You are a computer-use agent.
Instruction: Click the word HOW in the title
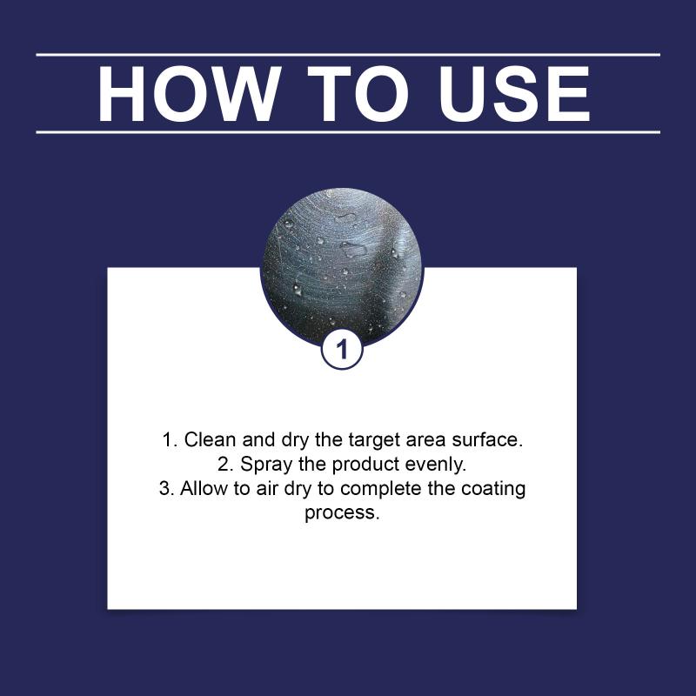[190, 94]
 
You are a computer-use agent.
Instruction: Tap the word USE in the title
[514, 94]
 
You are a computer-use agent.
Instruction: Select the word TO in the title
[358, 94]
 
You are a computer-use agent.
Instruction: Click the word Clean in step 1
[210, 439]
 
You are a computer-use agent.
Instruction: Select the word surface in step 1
[487, 439]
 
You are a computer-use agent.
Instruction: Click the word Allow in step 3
[204, 488]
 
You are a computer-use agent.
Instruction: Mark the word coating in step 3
[493, 490]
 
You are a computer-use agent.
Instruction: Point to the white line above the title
[348, 55]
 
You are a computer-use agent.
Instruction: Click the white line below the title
[348, 132]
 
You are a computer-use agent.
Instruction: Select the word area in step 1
[425, 440]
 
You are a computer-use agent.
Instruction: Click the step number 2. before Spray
[225, 465]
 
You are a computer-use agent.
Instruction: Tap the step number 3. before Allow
[166, 488]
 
